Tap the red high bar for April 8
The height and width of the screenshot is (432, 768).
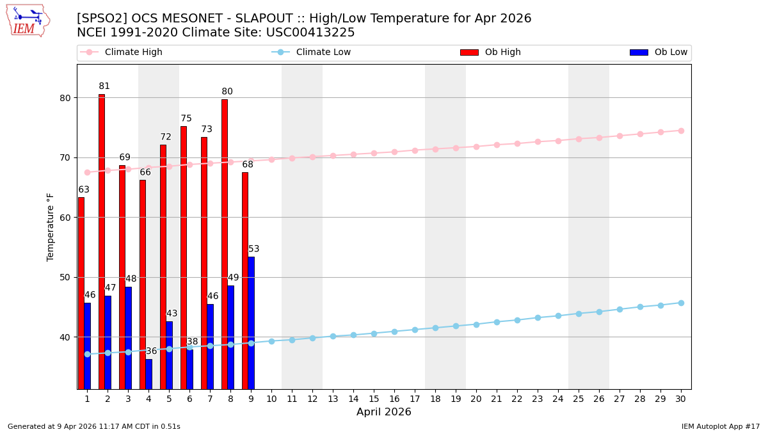[225, 244]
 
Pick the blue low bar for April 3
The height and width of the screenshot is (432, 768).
[128, 337]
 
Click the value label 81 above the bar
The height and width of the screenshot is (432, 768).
[104, 86]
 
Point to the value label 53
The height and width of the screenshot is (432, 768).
[254, 249]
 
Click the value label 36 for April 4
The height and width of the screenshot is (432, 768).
[151, 351]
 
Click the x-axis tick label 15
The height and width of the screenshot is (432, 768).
[374, 399]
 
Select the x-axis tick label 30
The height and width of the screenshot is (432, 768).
[681, 399]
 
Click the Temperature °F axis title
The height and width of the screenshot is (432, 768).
[51, 227]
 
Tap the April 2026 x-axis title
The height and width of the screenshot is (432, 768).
[384, 412]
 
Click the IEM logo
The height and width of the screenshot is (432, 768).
[28, 20]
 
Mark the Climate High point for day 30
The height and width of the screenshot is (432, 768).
[681, 131]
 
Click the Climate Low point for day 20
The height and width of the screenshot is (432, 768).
[476, 324]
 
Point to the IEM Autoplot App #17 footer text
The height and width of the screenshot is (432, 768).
[721, 426]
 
